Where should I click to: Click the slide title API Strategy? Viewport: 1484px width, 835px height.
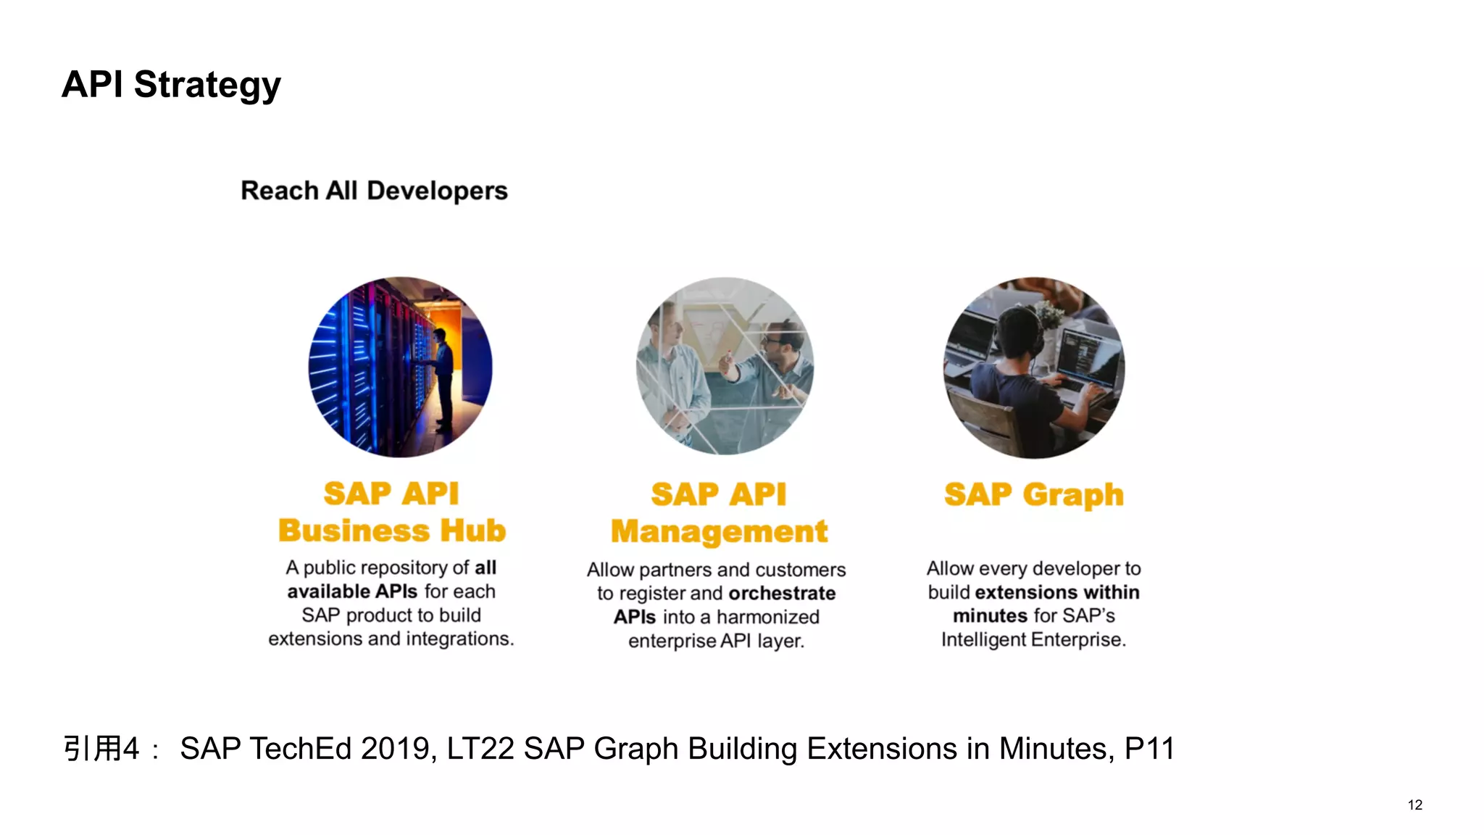pyautogui.click(x=171, y=85)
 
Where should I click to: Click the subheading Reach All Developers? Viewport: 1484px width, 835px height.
pyautogui.click(x=374, y=191)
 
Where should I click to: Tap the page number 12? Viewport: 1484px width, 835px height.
pyautogui.click(x=1414, y=805)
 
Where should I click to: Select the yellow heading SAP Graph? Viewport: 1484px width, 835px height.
pyautogui.click(x=1034, y=495)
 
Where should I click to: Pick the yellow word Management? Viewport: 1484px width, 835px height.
pyautogui.click(x=719, y=532)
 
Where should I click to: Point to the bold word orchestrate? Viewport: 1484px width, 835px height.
pyautogui.click(x=782, y=594)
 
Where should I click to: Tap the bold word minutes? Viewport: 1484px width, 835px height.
pyautogui.click(x=989, y=616)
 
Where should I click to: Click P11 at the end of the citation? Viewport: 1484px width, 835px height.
pyautogui.click(x=1149, y=749)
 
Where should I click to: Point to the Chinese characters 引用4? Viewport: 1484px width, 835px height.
pyautogui.click(x=101, y=749)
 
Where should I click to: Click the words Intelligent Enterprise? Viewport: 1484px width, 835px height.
pyautogui.click(x=1033, y=640)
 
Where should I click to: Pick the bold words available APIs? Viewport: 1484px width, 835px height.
pyautogui.click(x=352, y=591)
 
